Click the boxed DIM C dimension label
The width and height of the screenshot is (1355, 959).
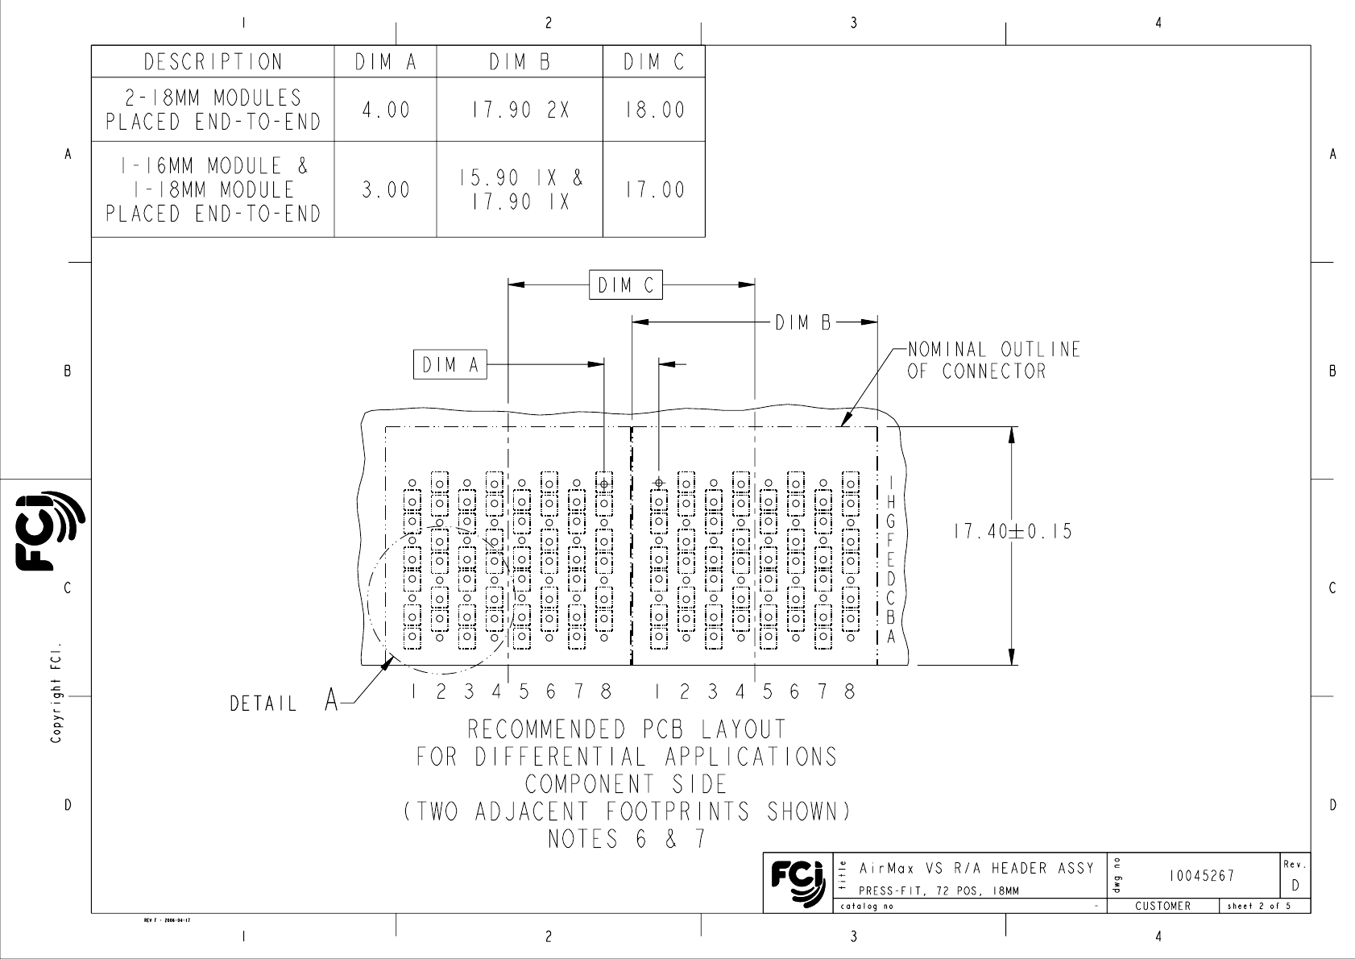pos(625,285)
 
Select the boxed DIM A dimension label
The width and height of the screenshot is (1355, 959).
pos(450,365)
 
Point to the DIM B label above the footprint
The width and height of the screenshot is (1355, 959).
pos(803,322)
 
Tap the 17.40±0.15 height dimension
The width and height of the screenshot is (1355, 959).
pos(1013,531)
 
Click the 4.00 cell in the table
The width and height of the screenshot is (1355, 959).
pos(386,110)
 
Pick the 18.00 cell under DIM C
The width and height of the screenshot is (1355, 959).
pos(655,110)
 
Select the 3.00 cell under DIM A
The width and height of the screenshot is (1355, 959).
pos(386,190)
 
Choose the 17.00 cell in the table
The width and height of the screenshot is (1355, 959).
pos(655,190)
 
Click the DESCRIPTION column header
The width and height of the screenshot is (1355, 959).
pos(213,62)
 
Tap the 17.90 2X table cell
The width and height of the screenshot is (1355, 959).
pos(520,110)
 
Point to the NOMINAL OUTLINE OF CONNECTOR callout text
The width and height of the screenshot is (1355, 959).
pos(993,360)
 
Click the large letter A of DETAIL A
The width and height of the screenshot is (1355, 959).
pos(331,700)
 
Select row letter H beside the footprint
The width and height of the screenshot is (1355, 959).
pos(890,502)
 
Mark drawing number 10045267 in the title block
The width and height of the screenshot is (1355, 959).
pos(1201,875)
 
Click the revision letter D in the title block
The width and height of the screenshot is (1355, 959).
pos(1295,886)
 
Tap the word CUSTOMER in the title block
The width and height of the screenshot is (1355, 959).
pos(1162,906)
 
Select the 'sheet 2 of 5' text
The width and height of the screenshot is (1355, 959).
pos(1259,906)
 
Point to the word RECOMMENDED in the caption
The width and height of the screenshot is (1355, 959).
pos(547,729)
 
